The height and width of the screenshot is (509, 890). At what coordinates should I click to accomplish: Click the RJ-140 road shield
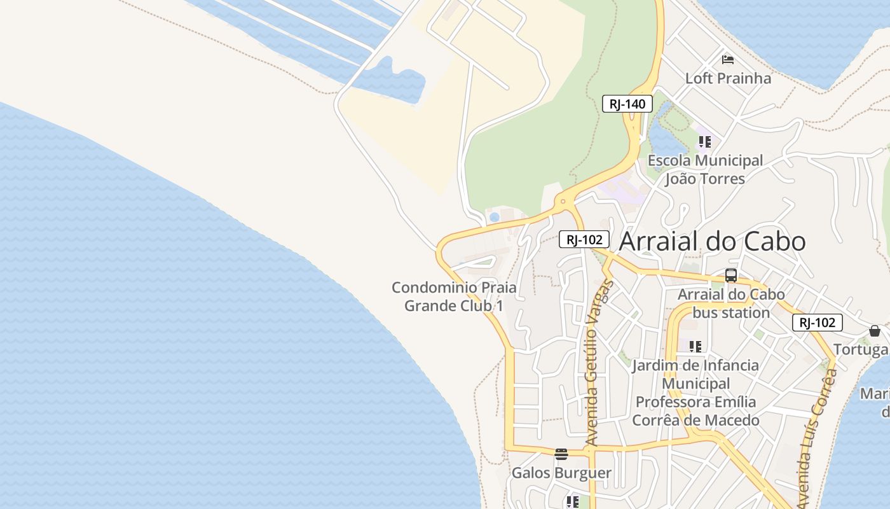pyautogui.click(x=627, y=104)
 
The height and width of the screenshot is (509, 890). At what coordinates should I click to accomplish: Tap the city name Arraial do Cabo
pyautogui.click(x=712, y=241)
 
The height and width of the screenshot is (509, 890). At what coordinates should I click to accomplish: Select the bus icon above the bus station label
pyautogui.click(x=731, y=275)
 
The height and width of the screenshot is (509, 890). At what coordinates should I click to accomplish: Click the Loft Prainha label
pyautogui.click(x=728, y=78)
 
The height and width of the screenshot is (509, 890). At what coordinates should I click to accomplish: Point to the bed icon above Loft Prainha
pyautogui.click(x=728, y=60)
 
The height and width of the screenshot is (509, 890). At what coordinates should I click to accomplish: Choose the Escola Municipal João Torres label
pyautogui.click(x=705, y=170)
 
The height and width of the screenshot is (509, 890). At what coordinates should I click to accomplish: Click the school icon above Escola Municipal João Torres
pyautogui.click(x=704, y=141)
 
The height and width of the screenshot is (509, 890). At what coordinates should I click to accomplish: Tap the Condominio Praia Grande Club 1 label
pyautogui.click(x=454, y=296)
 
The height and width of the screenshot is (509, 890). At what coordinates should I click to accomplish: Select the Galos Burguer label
pyautogui.click(x=561, y=473)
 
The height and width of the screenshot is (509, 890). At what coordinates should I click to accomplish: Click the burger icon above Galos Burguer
pyautogui.click(x=561, y=454)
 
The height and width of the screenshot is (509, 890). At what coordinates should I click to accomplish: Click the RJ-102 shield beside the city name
pyautogui.click(x=584, y=239)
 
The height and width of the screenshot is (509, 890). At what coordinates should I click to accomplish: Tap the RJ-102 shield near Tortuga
pyautogui.click(x=817, y=323)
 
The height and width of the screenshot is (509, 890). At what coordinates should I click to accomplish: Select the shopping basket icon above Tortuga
pyautogui.click(x=875, y=331)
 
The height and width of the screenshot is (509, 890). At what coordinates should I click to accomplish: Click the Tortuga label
pyautogui.click(x=861, y=349)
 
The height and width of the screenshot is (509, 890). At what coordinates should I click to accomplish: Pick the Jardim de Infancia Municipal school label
pyautogui.click(x=695, y=393)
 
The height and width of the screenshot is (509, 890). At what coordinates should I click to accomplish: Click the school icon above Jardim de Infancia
pyautogui.click(x=695, y=347)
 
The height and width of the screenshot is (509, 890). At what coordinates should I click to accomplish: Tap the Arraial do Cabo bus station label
pyautogui.click(x=731, y=303)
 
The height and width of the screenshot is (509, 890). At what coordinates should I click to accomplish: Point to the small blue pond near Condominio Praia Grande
pyautogui.click(x=495, y=218)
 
